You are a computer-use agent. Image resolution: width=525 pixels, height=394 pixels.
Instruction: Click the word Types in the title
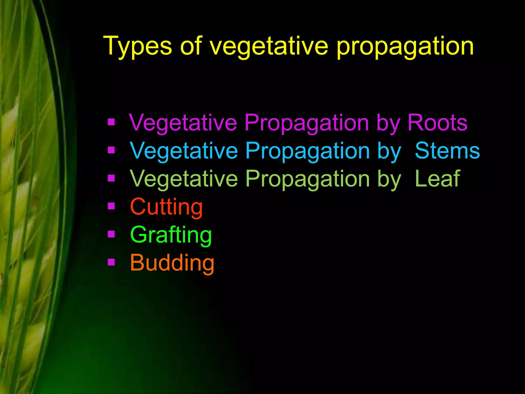[137, 46]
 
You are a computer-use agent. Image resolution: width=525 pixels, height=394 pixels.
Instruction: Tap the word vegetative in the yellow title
[269, 46]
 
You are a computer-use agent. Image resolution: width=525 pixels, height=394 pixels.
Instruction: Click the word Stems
[447, 151]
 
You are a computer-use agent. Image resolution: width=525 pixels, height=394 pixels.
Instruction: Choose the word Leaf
[437, 179]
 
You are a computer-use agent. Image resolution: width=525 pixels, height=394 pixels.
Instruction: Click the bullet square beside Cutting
[111, 206]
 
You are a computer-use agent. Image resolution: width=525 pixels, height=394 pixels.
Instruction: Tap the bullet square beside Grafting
[111, 234]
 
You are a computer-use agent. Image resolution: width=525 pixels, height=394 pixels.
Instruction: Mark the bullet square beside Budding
[111, 262]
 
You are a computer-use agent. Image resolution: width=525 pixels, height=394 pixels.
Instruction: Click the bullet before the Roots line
[111, 122]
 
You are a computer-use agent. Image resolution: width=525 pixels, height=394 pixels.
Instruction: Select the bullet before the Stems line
[111, 150]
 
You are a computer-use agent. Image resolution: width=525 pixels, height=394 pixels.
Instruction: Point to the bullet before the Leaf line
[111, 178]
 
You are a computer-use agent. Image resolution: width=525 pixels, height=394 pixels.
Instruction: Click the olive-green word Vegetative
[184, 179]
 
